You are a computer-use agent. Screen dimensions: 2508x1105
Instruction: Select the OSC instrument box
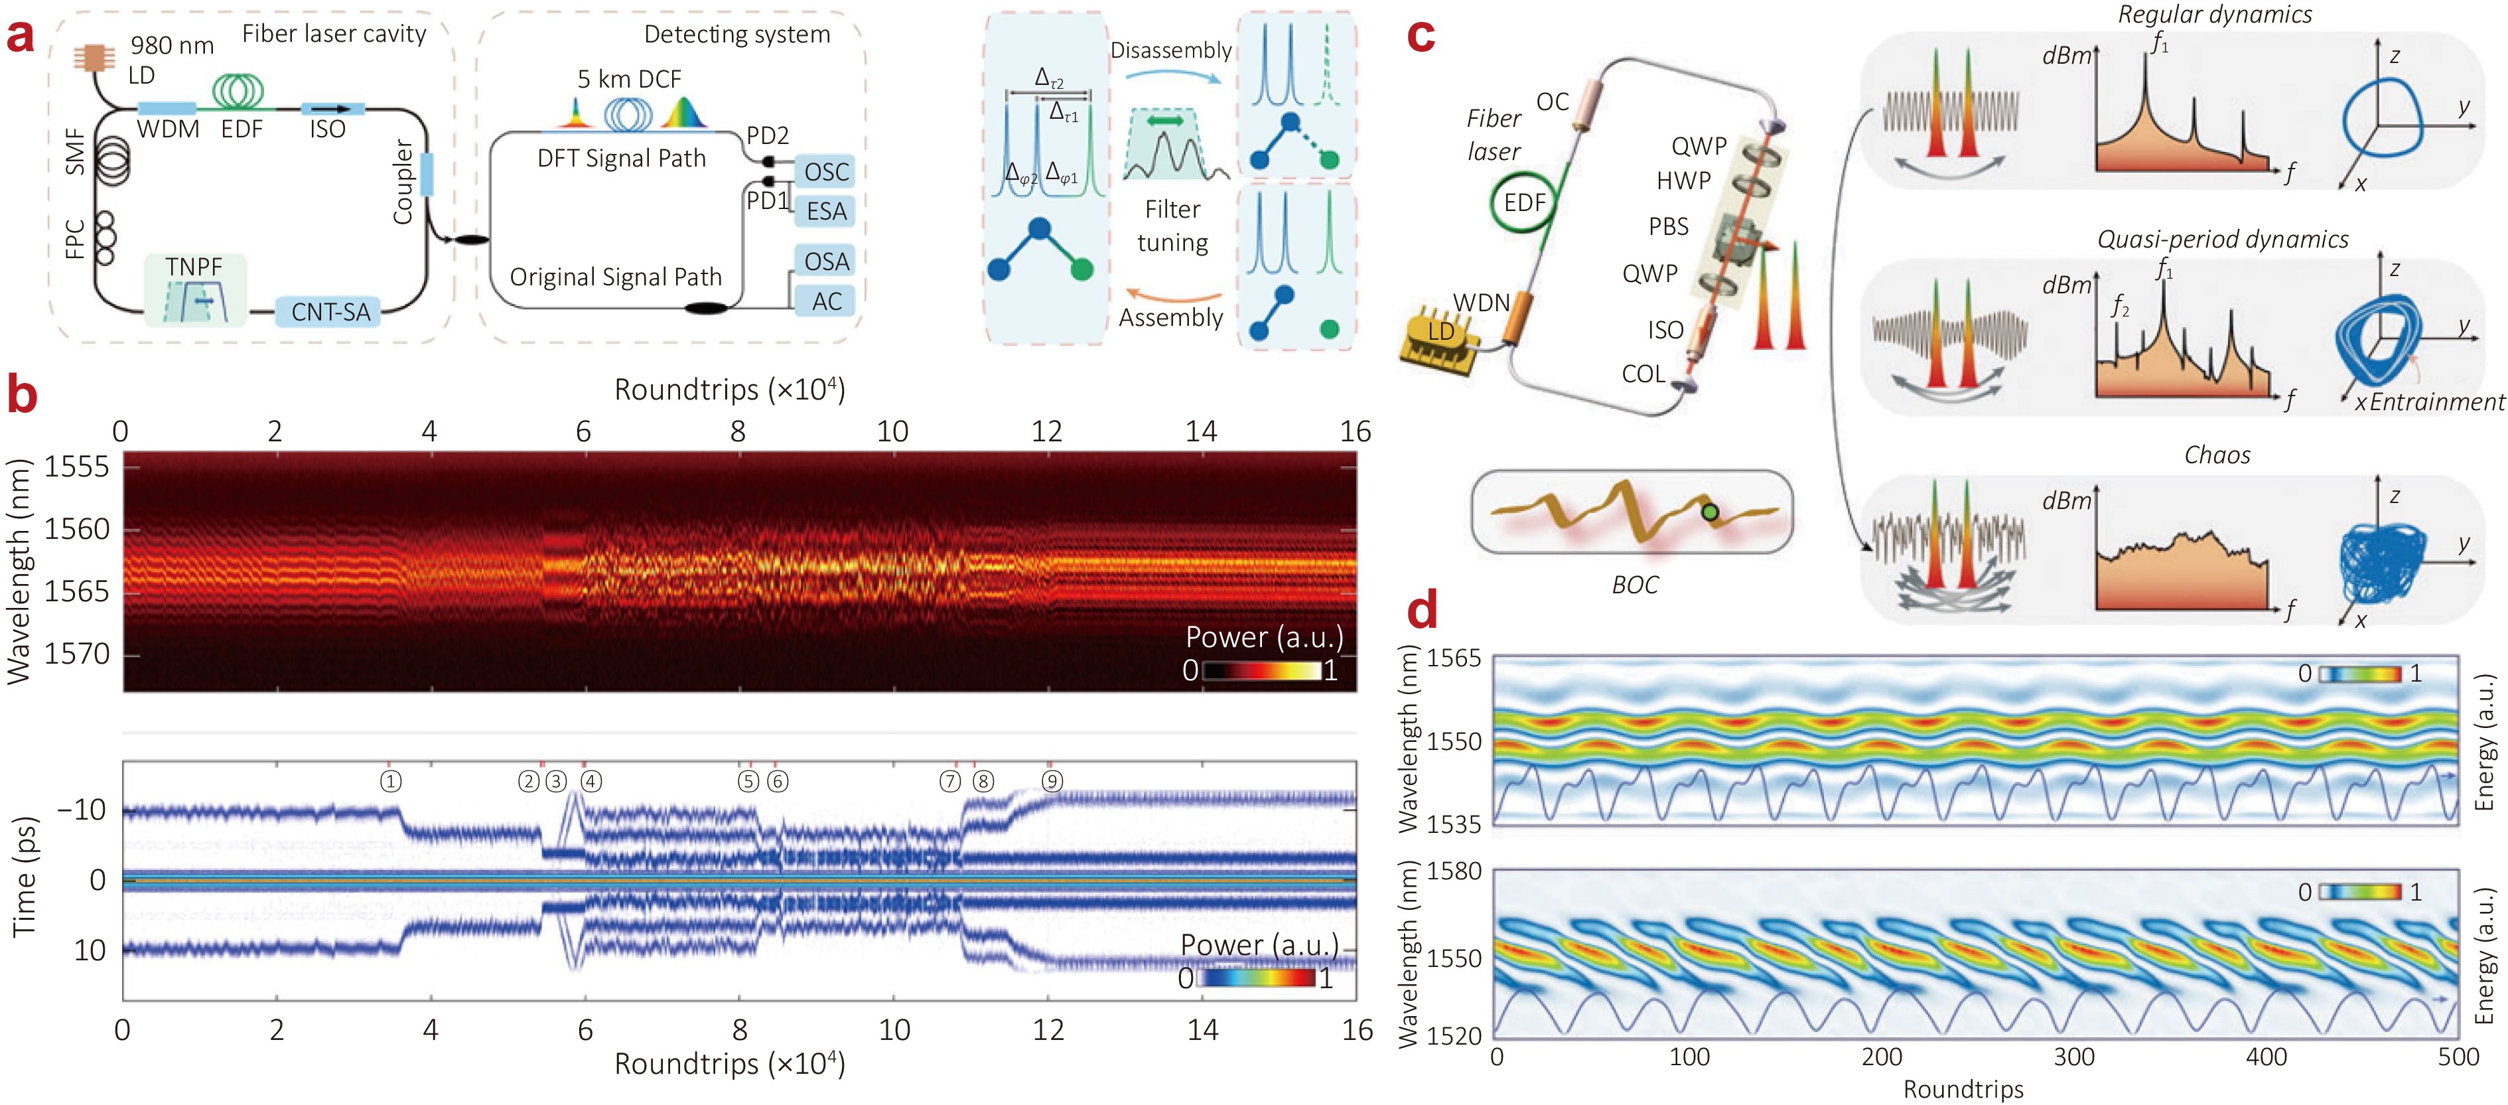(825, 171)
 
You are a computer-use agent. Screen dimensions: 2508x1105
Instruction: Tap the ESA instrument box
(825, 211)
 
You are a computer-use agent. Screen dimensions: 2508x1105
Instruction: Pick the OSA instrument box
(825, 261)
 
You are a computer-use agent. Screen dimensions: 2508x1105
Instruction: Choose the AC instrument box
(825, 301)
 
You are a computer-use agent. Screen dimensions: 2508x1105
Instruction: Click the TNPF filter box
(194, 289)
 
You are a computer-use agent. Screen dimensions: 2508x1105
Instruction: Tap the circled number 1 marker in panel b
(390, 782)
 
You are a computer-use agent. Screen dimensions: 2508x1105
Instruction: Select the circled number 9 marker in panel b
(1052, 782)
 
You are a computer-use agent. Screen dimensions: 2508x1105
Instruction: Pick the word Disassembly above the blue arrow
(1171, 50)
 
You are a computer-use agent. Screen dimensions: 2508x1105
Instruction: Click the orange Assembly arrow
(1173, 295)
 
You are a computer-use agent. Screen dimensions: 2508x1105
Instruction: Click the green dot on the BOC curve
(1710, 512)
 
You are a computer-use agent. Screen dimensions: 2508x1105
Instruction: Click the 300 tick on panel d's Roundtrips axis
(2074, 1057)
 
